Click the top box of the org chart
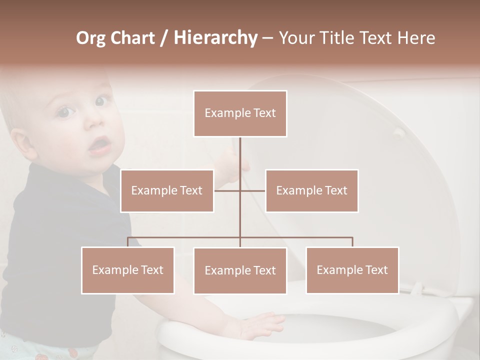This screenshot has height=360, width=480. [x=240, y=113]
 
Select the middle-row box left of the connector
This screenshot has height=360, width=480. [x=167, y=190]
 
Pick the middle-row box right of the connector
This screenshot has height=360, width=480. [x=311, y=190]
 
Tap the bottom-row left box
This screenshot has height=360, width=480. [x=128, y=270]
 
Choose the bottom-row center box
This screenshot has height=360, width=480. [x=240, y=270]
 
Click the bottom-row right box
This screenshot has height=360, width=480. [x=352, y=270]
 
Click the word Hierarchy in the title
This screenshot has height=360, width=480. [x=215, y=37]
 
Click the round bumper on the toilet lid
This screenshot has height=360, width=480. [x=399, y=132]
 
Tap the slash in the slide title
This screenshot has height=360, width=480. [x=163, y=37]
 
